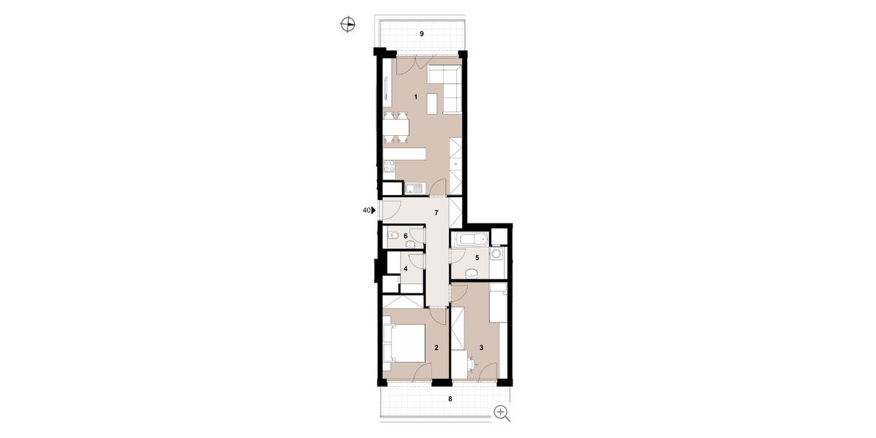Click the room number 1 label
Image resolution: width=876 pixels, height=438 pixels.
(416, 96)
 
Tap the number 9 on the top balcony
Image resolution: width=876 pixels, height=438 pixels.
(422, 34)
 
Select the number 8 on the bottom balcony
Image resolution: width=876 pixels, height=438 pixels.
(450, 399)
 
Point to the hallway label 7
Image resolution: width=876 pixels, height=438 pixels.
(436, 212)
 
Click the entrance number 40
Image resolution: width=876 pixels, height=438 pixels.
(366, 210)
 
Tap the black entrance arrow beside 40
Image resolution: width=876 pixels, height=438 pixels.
(374, 210)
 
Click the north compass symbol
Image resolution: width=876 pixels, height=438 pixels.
(347, 25)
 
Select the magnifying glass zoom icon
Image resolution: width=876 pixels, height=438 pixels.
(502, 413)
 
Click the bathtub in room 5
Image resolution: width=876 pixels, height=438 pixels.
(469, 239)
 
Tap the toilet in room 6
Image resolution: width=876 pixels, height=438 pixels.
(510, 235)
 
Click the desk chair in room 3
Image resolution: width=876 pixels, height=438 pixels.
(472, 363)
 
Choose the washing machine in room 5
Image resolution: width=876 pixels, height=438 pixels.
(497, 254)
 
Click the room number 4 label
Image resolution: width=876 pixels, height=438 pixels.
(406, 269)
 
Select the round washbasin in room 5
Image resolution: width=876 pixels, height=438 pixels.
(473, 272)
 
